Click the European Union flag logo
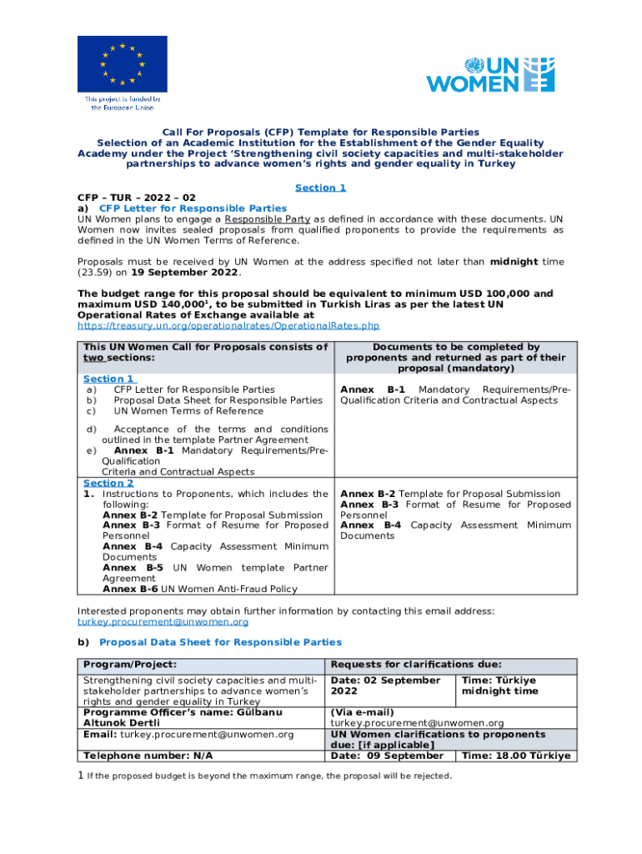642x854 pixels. coord(122,64)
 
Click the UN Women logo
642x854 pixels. coord(489,74)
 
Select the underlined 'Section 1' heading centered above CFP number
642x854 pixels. coord(320,188)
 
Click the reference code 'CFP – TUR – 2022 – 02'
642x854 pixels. coord(137,198)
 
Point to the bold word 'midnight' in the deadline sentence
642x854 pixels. coord(514,262)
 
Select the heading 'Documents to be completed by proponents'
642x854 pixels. coord(455,357)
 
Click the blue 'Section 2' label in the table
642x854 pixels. coord(108,483)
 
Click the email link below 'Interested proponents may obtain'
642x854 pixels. coord(163,621)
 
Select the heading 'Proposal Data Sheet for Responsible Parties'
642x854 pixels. coord(220,642)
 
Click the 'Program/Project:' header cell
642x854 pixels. coord(130,665)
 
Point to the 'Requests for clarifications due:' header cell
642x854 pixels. coord(416,665)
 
